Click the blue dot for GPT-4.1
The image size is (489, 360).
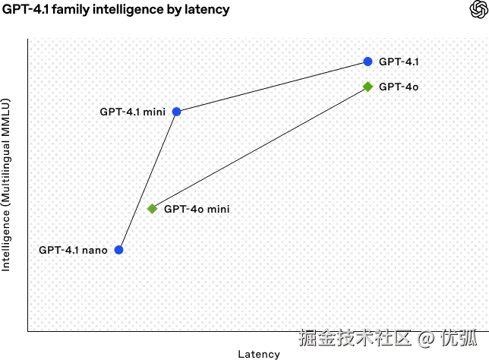[368, 62]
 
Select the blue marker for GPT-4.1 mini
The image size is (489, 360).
[176, 112]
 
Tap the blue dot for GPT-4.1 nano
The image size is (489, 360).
[118, 250]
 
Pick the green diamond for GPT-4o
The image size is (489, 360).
[368, 87]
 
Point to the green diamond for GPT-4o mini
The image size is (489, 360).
[152, 209]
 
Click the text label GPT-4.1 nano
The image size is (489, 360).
[73, 250]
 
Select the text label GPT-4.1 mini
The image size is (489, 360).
[133, 112]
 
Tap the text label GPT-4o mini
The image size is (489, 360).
[197, 209]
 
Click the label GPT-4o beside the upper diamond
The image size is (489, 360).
[399, 87]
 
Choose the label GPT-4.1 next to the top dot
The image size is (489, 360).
[399, 62]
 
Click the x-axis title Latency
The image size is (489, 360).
[259, 354]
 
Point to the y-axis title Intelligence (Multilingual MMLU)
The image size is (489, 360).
[6, 185]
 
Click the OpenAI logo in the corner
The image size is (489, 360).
[479, 9]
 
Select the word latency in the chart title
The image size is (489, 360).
[207, 10]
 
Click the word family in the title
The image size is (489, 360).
[71, 10]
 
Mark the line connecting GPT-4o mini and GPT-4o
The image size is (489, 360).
[260, 147]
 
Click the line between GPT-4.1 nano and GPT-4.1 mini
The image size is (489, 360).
[147, 181]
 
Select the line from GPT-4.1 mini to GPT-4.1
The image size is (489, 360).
[272, 87]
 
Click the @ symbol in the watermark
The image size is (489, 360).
[426, 339]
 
